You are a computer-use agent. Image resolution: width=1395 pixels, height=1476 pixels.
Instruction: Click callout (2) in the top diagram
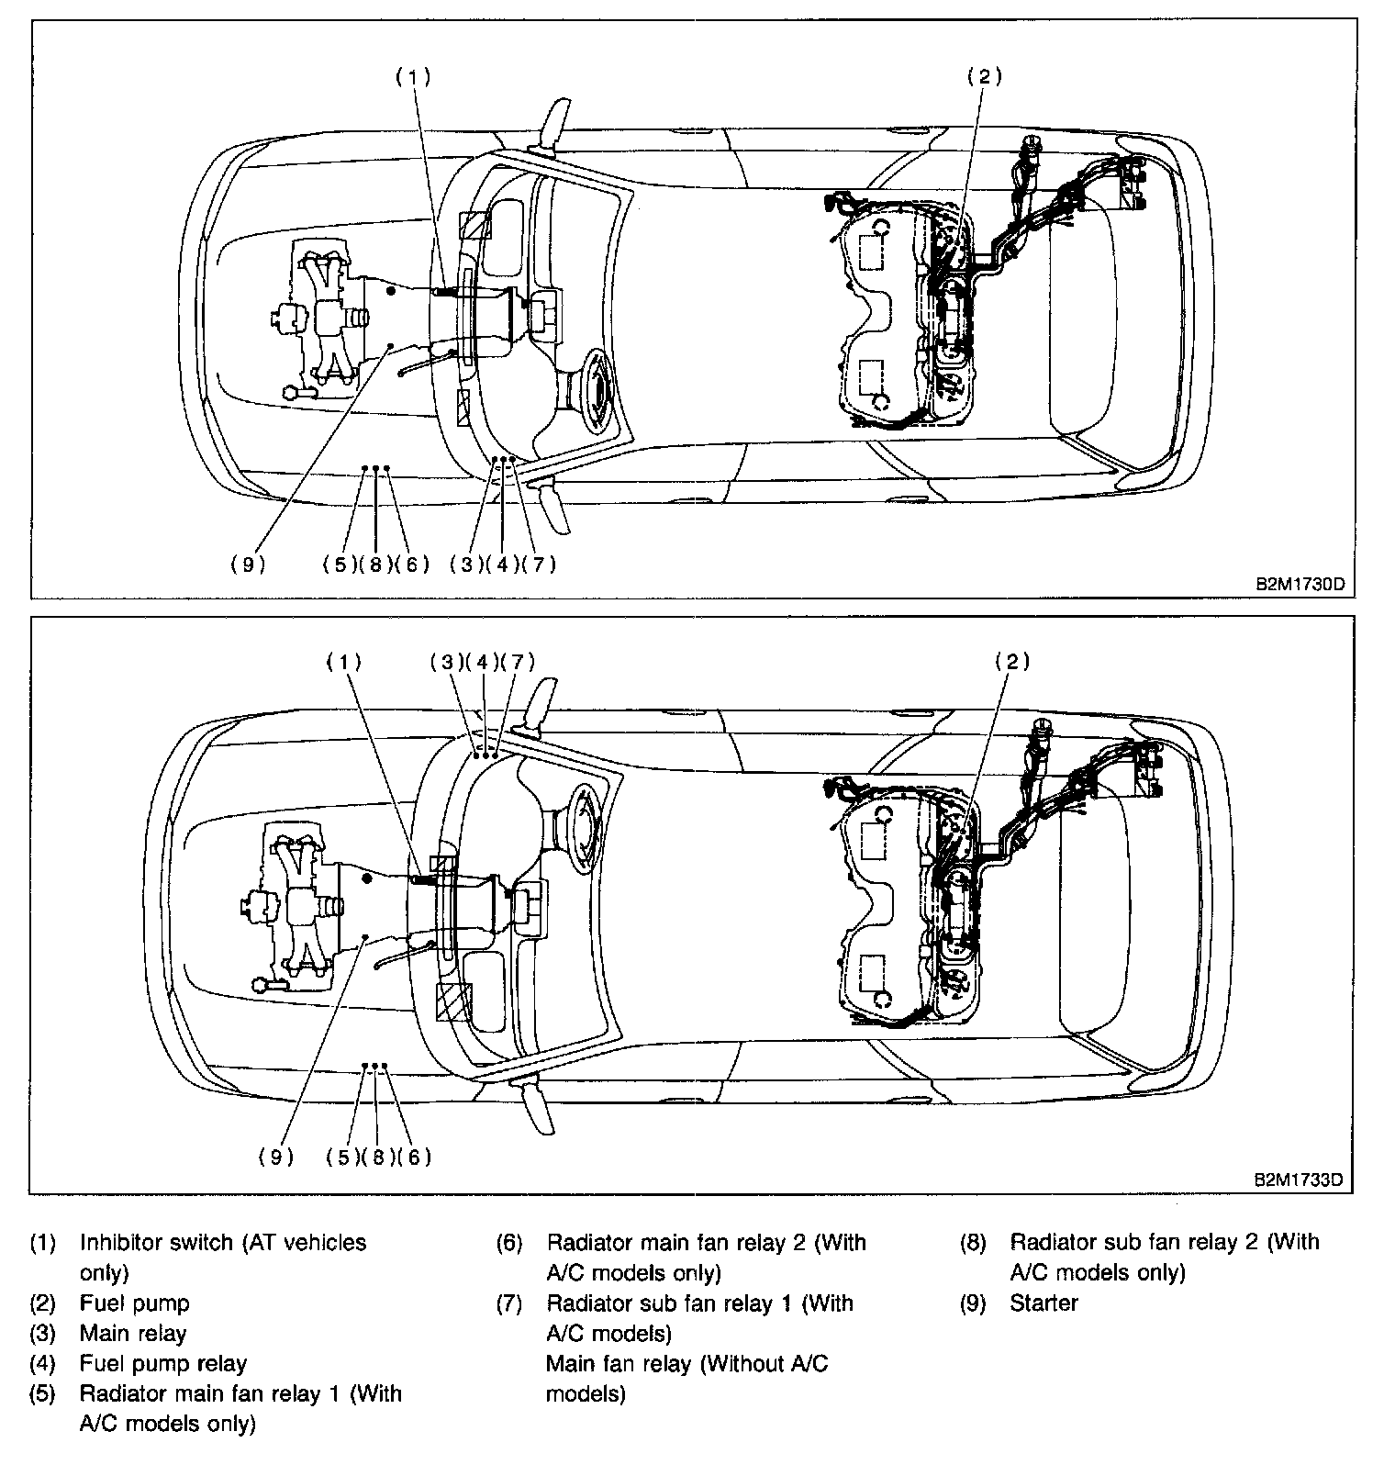pos(984,77)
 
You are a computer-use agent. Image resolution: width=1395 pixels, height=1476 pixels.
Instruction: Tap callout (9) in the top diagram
pos(248,565)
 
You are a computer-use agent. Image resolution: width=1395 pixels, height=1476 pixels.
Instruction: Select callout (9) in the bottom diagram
pos(275,1157)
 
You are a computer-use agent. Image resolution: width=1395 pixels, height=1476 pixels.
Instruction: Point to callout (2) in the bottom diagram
pos(1011,661)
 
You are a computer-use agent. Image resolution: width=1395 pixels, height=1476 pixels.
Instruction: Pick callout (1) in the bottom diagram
pos(345,661)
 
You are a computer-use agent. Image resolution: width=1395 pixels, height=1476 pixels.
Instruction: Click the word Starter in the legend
pos(1043,1303)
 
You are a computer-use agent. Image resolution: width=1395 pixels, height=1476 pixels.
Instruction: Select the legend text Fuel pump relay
pos(162,1363)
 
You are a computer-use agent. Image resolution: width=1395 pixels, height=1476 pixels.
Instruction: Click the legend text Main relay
pos(133,1333)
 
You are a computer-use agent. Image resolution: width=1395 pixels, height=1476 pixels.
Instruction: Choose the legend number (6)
pos(509,1243)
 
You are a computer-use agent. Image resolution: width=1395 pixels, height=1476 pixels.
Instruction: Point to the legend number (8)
pos(973,1243)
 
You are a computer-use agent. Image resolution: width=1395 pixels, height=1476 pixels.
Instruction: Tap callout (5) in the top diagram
pos(340,565)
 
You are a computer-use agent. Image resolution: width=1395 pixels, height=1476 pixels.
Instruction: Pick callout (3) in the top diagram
pos(466,565)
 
